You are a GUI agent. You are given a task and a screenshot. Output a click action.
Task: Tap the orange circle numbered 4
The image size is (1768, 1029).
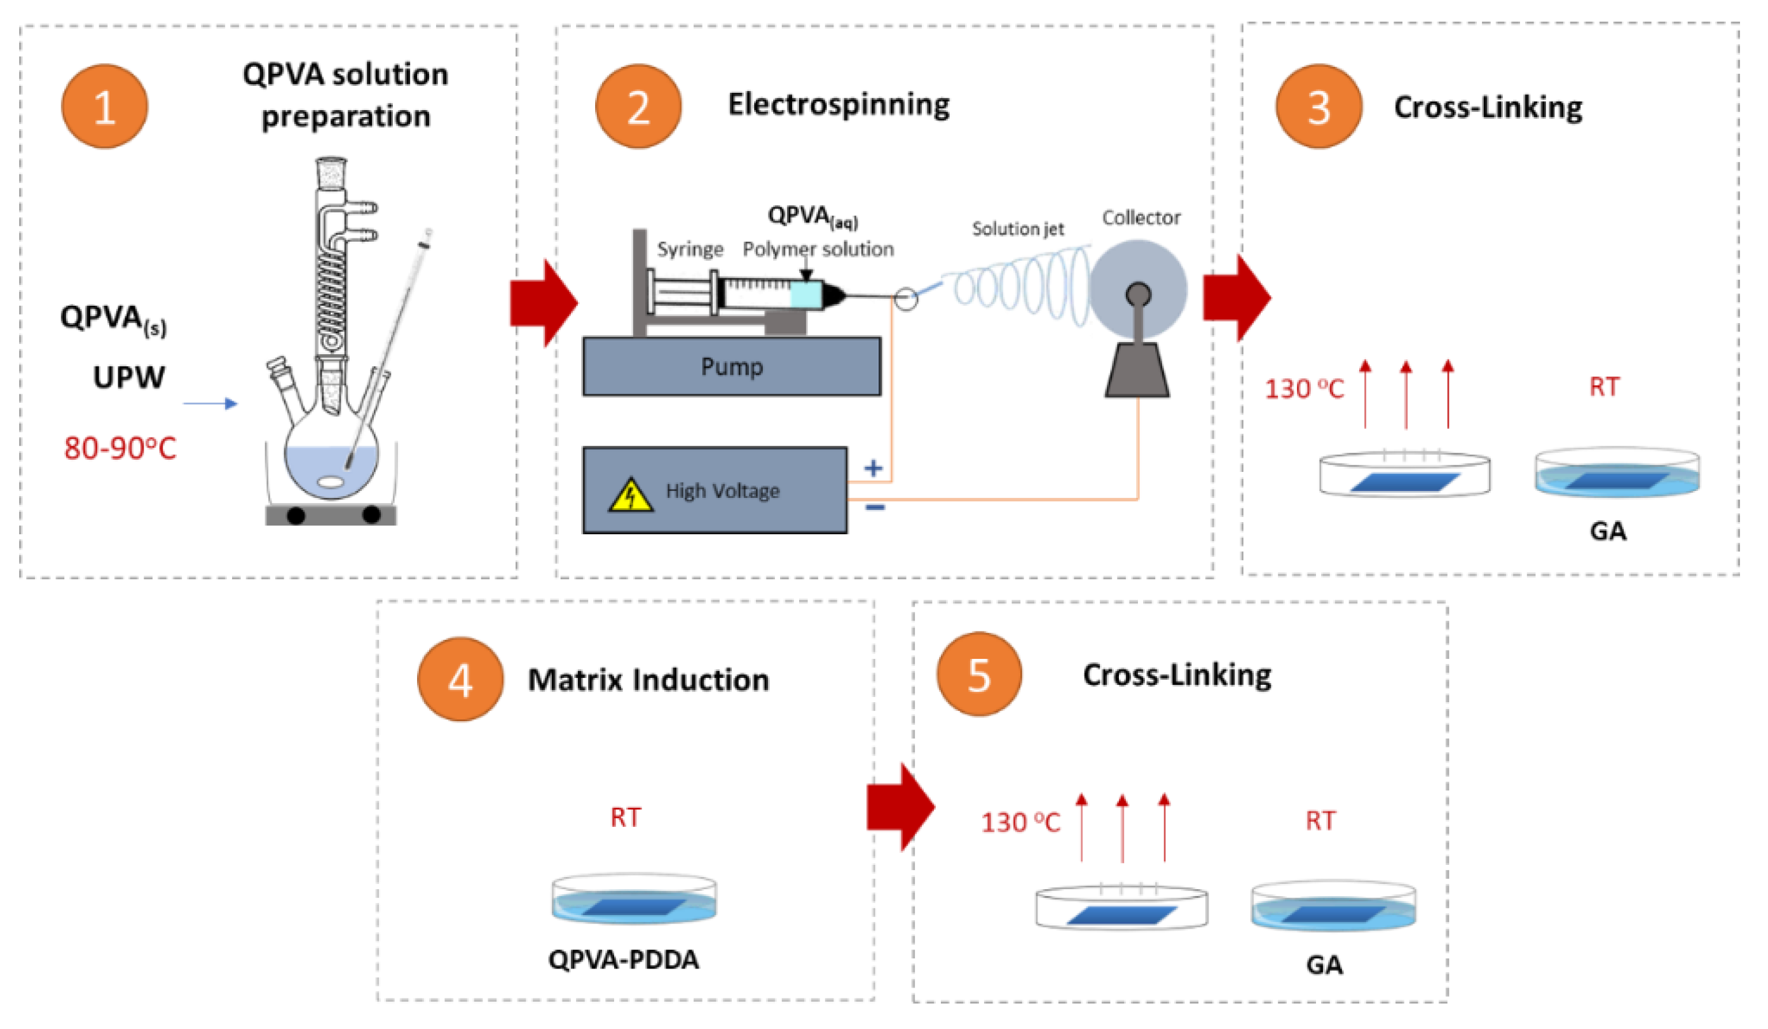point(460,679)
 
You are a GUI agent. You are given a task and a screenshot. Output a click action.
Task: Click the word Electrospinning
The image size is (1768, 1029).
point(839,104)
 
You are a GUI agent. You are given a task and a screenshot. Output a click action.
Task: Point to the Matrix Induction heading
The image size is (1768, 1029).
point(648,679)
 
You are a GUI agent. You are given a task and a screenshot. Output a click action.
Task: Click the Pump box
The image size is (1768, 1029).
point(731,366)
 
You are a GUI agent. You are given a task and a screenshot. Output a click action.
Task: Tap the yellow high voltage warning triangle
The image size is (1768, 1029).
point(630,495)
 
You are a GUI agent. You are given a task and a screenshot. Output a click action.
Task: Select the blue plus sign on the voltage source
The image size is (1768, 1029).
point(873,468)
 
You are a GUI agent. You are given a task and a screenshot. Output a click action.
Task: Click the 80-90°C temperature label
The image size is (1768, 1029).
point(120,448)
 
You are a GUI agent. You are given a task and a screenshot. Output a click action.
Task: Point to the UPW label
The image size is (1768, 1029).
point(129,377)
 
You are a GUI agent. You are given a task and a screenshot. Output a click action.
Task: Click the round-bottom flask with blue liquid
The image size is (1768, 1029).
point(331,463)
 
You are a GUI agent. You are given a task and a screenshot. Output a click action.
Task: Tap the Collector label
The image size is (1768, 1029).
point(1141,218)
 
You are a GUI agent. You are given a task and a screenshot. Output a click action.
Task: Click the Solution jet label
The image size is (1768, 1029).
point(1017,229)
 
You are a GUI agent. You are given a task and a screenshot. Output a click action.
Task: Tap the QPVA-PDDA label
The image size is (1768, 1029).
point(624,959)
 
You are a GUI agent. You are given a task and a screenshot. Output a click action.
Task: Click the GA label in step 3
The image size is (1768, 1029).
point(1607,530)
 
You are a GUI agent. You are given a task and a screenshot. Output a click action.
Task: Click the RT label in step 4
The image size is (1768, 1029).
point(625,817)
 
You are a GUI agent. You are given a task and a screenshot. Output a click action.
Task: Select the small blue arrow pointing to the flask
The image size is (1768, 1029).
point(210,404)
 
